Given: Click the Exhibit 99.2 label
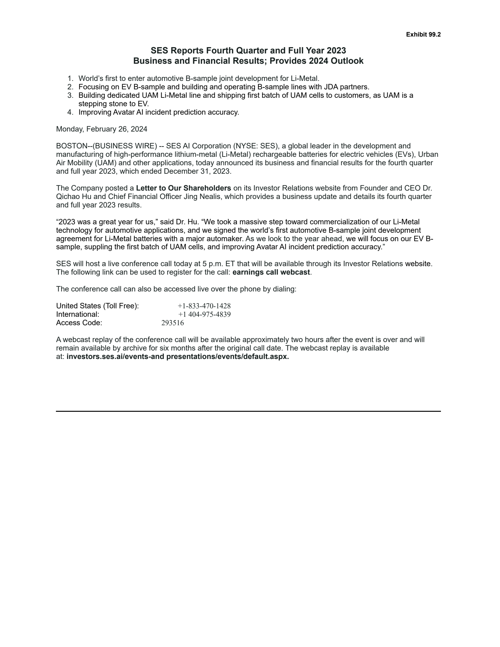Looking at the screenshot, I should click(423, 35).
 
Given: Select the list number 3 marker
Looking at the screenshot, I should click(70, 95).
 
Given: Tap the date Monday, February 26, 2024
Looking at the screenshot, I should click(102, 129).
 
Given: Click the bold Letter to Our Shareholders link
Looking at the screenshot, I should click(183, 188).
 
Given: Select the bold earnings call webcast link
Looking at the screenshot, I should click(271, 272).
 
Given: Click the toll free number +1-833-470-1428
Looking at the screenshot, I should click(204, 306).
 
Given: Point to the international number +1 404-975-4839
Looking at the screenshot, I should click(204, 314).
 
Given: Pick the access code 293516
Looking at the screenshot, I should click(172, 323).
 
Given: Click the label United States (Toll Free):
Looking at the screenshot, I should click(97, 306).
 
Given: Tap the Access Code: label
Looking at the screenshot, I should click(79, 323).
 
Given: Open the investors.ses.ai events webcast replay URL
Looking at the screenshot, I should click(177, 356).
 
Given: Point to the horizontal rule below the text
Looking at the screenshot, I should click(248, 411).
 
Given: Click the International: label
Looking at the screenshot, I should click(77, 314).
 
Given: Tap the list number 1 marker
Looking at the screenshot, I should click(70, 78).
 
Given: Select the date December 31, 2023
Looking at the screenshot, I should click(197, 171).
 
